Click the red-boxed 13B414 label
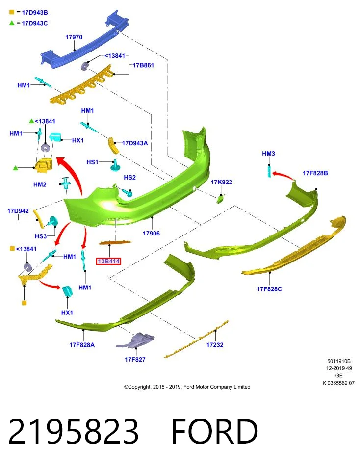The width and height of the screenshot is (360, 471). pos(108,262)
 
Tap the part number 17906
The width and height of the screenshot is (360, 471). pos(151,234)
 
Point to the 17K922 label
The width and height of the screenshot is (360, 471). pos(221,182)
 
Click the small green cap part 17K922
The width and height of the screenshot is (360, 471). pos(221,199)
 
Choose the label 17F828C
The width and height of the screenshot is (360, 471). pos(269,289)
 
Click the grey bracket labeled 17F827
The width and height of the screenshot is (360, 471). pos(136,340)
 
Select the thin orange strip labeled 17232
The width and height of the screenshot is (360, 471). pos(197,340)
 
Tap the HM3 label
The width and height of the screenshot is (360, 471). pos(268,154)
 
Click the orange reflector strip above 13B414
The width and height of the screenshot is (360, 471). pos(115,242)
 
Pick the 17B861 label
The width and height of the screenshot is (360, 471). pos(143,65)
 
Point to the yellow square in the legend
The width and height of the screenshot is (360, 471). pos(12,12)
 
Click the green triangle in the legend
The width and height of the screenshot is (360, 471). pos(12,23)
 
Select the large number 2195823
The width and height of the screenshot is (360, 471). pos(74,431)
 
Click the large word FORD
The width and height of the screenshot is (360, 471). pos(214,431)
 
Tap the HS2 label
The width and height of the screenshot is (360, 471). pos(129,178)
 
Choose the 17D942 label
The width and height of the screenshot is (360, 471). pos(18,211)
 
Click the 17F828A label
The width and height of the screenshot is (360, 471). pos(82,345)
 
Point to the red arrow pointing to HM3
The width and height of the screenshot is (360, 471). pos(283,176)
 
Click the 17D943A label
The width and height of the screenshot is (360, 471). pos(135,143)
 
